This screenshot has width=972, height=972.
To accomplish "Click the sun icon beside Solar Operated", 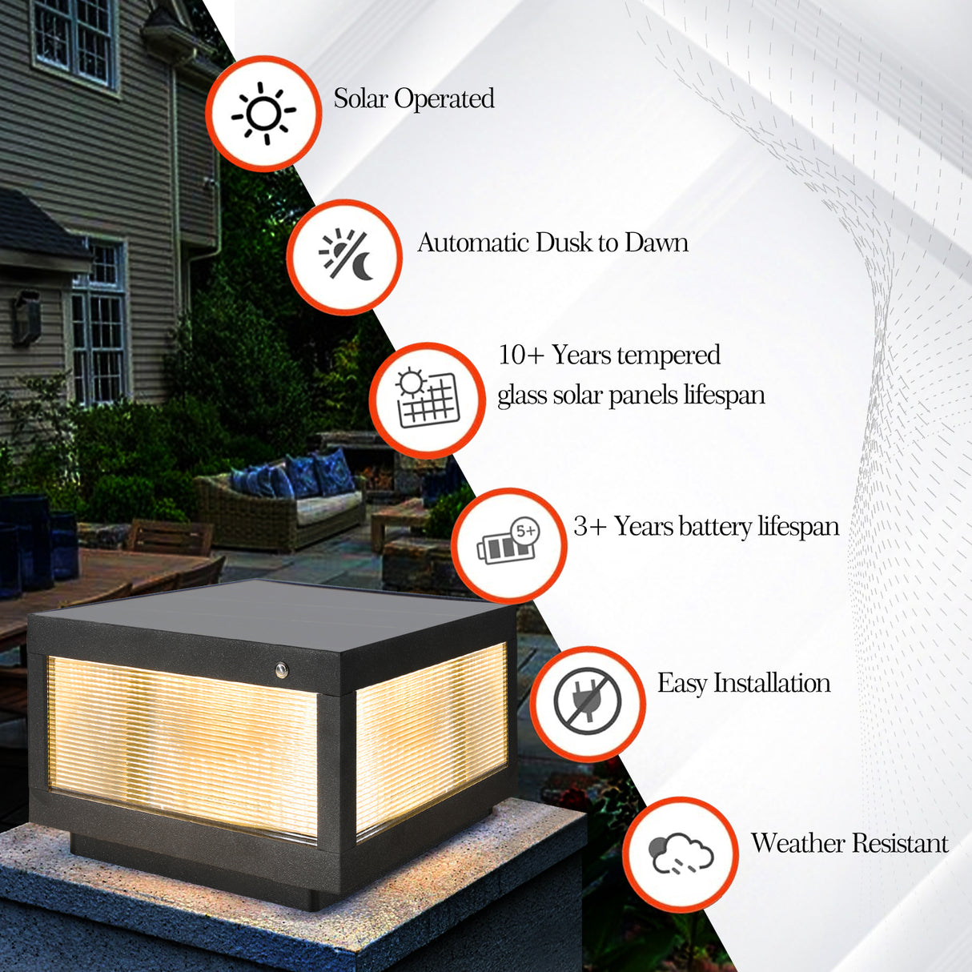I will (263, 114).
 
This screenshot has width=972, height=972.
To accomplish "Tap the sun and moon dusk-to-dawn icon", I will (345, 256).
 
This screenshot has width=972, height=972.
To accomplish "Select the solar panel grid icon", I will (428, 399).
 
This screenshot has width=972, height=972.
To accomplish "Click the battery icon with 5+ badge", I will (508, 544).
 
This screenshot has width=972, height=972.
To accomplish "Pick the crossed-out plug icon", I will (587, 701).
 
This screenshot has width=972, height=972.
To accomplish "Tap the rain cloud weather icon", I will (681, 854).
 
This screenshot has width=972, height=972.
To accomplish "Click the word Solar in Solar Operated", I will (360, 98).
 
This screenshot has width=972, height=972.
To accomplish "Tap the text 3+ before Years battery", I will (589, 526).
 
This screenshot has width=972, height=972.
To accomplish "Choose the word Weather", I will (797, 843).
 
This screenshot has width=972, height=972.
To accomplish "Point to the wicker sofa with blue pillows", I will (280, 504).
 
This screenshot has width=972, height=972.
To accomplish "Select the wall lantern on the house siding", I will (26, 318).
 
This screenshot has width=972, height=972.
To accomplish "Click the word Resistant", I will (900, 843).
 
